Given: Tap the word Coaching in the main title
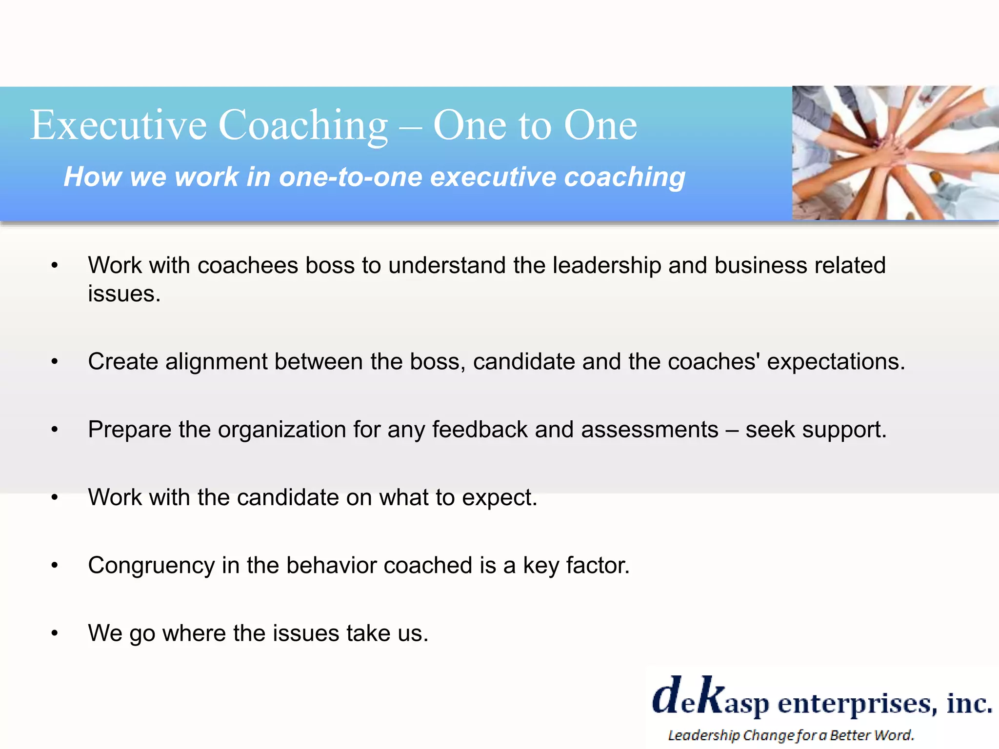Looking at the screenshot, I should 303,125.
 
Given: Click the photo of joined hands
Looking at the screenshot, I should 895,153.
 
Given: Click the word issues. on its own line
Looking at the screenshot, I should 124,294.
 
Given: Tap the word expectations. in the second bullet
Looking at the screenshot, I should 836,362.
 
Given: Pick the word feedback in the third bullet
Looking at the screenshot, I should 480,430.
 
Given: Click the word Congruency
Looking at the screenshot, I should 151,566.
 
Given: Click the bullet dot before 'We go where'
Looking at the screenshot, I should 55,633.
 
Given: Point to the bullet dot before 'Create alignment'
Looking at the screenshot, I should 55,362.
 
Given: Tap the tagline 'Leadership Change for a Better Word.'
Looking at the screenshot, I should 790,735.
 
